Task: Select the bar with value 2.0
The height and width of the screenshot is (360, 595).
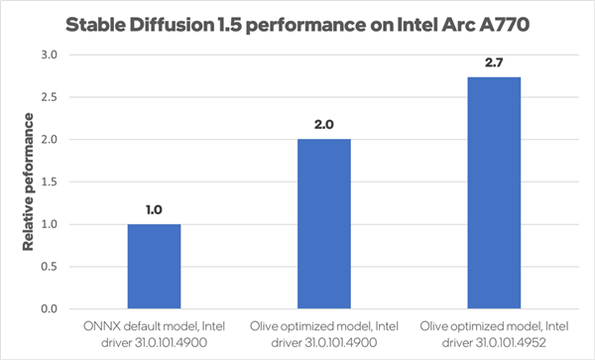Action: coord(323,223)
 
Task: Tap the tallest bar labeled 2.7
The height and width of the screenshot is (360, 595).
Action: coord(493,192)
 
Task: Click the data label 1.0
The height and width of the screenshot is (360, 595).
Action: coord(154,210)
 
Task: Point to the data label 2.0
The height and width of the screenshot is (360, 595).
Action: coord(323,125)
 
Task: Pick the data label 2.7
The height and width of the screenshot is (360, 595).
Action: coord(493,63)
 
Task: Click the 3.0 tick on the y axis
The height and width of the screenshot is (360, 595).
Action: coord(49,55)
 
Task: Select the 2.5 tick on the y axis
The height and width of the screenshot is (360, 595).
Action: coord(49,97)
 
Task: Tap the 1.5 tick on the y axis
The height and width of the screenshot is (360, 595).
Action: coord(49,181)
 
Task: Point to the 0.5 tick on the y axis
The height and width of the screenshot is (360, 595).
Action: coord(49,267)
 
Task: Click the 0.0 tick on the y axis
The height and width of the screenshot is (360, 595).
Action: coord(49,309)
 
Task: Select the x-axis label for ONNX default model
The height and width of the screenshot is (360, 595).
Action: coord(154,331)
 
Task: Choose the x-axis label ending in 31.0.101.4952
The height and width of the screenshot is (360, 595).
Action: coord(493,331)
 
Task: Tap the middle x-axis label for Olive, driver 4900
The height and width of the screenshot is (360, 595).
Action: coord(323,331)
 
